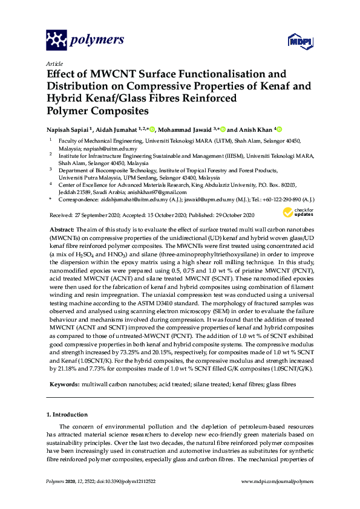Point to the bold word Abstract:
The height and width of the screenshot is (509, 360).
pyautogui.click(x=61, y=230)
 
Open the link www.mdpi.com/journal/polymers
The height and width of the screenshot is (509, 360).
pyautogui.click(x=277, y=481)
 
